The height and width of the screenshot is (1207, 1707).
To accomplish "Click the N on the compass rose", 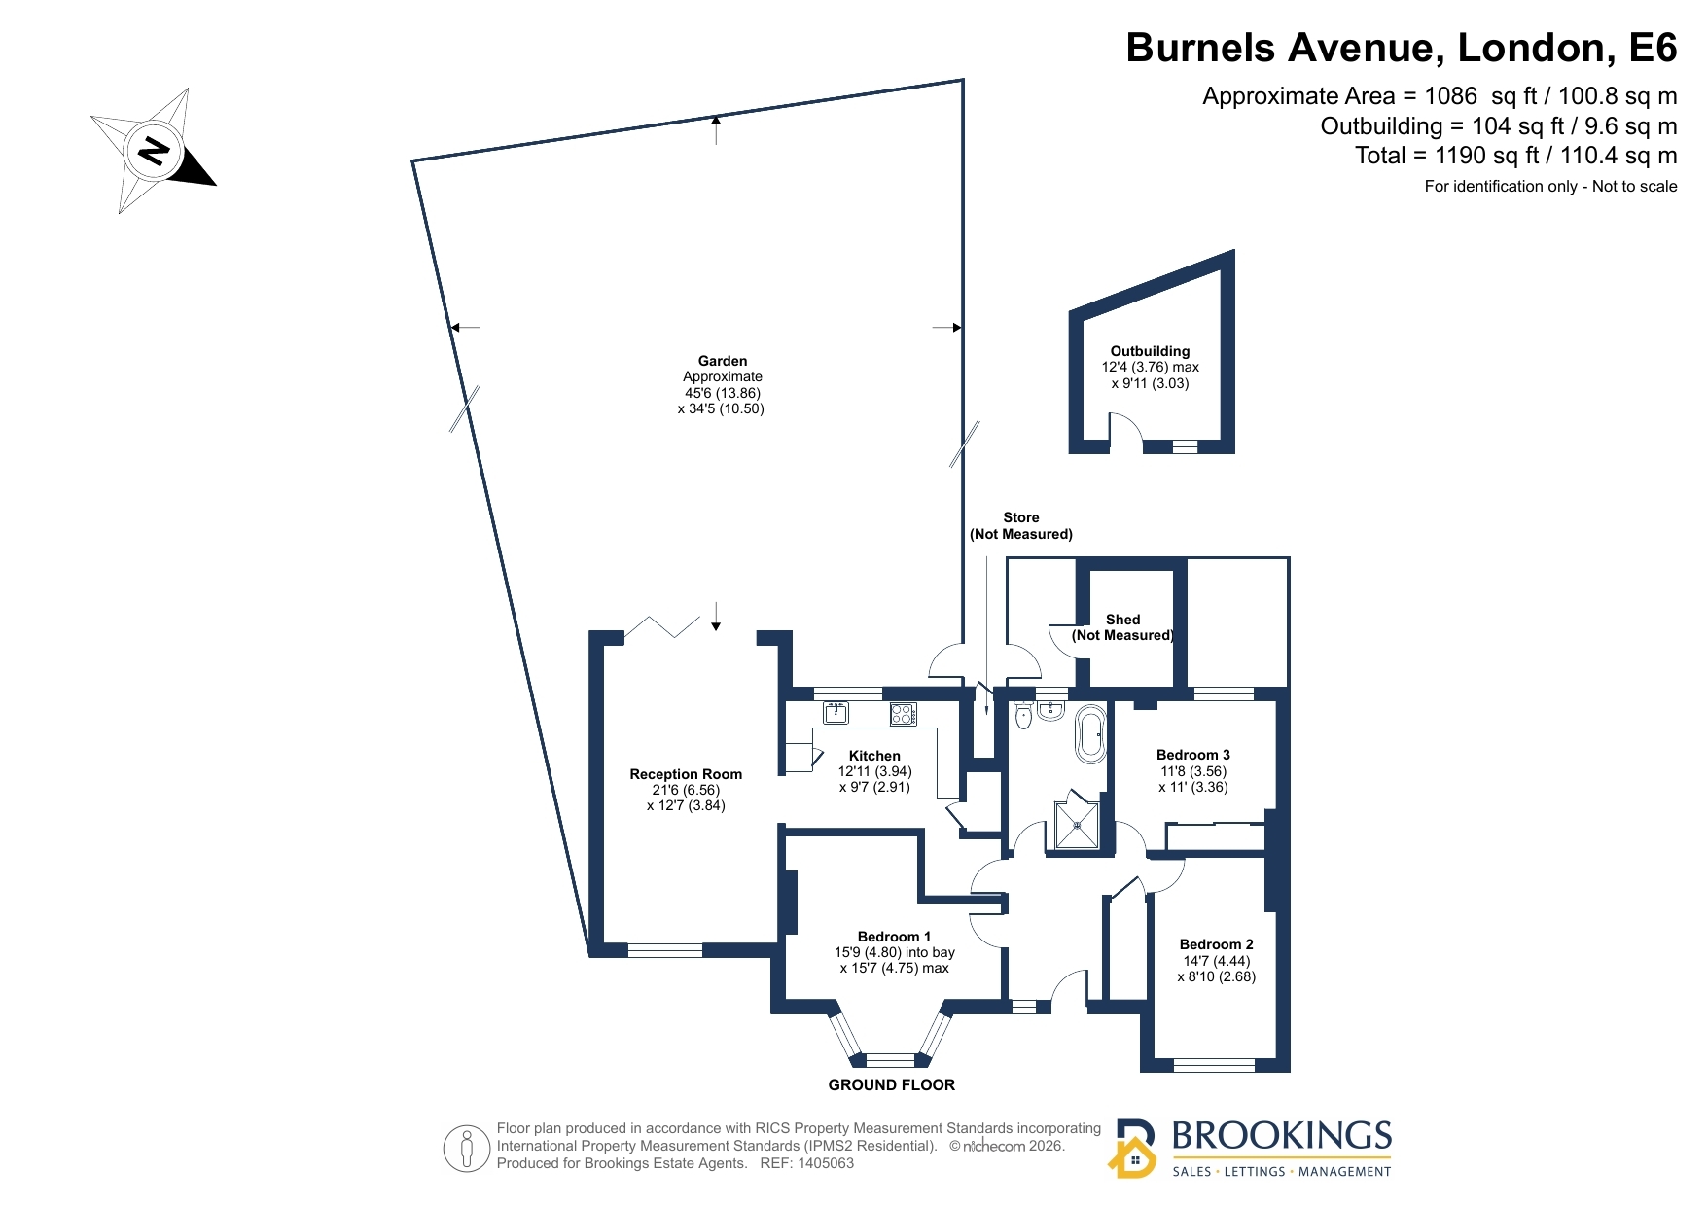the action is click(153, 151).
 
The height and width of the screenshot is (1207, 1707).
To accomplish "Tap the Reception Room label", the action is click(686, 774).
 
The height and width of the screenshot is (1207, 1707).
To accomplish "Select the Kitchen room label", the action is click(874, 756).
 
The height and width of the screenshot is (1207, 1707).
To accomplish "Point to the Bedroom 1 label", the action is click(894, 937).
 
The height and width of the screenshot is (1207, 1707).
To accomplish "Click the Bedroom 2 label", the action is click(1216, 944).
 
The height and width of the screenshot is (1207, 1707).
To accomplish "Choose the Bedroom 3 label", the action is click(1193, 755).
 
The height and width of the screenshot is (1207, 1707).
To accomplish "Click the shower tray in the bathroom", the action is click(1078, 824).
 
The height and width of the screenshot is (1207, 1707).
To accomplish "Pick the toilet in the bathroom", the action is click(1023, 716).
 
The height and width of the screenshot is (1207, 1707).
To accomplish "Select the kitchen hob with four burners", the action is click(904, 714).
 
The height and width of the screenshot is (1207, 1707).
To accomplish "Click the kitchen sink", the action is click(836, 713).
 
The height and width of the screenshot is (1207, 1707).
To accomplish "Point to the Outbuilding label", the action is click(1150, 351).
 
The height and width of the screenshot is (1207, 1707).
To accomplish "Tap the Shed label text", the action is click(1122, 620).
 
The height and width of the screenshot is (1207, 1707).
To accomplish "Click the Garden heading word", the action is click(723, 361).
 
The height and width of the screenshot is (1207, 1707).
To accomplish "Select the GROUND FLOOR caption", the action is click(892, 1085).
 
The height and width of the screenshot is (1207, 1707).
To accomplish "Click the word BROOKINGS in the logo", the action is click(1282, 1135).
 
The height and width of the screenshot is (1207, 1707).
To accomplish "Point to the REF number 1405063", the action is click(826, 1163).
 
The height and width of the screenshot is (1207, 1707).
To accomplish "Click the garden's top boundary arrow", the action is click(716, 129).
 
